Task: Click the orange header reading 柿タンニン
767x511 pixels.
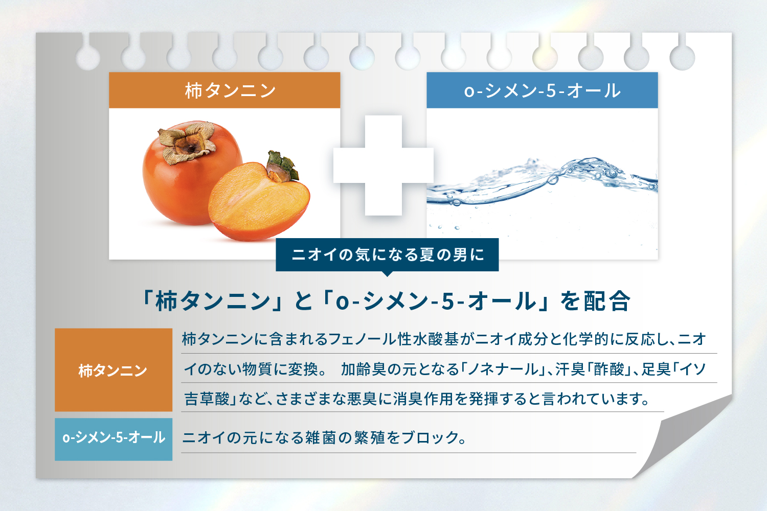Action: (x=224, y=90)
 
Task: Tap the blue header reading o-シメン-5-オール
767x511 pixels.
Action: (x=542, y=90)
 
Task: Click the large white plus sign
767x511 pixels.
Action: (x=383, y=166)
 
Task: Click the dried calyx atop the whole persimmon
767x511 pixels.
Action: (x=188, y=142)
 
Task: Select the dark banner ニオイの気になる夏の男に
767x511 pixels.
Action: (x=387, y=255)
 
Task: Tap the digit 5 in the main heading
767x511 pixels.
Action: (x=448, y=301)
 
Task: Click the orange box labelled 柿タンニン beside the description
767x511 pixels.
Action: (x=114, y=370)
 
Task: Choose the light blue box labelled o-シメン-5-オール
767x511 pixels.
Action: (x=114, y=439)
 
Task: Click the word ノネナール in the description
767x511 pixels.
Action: (x=503, y=369)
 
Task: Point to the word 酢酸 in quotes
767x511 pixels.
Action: (x=609, y=369)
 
